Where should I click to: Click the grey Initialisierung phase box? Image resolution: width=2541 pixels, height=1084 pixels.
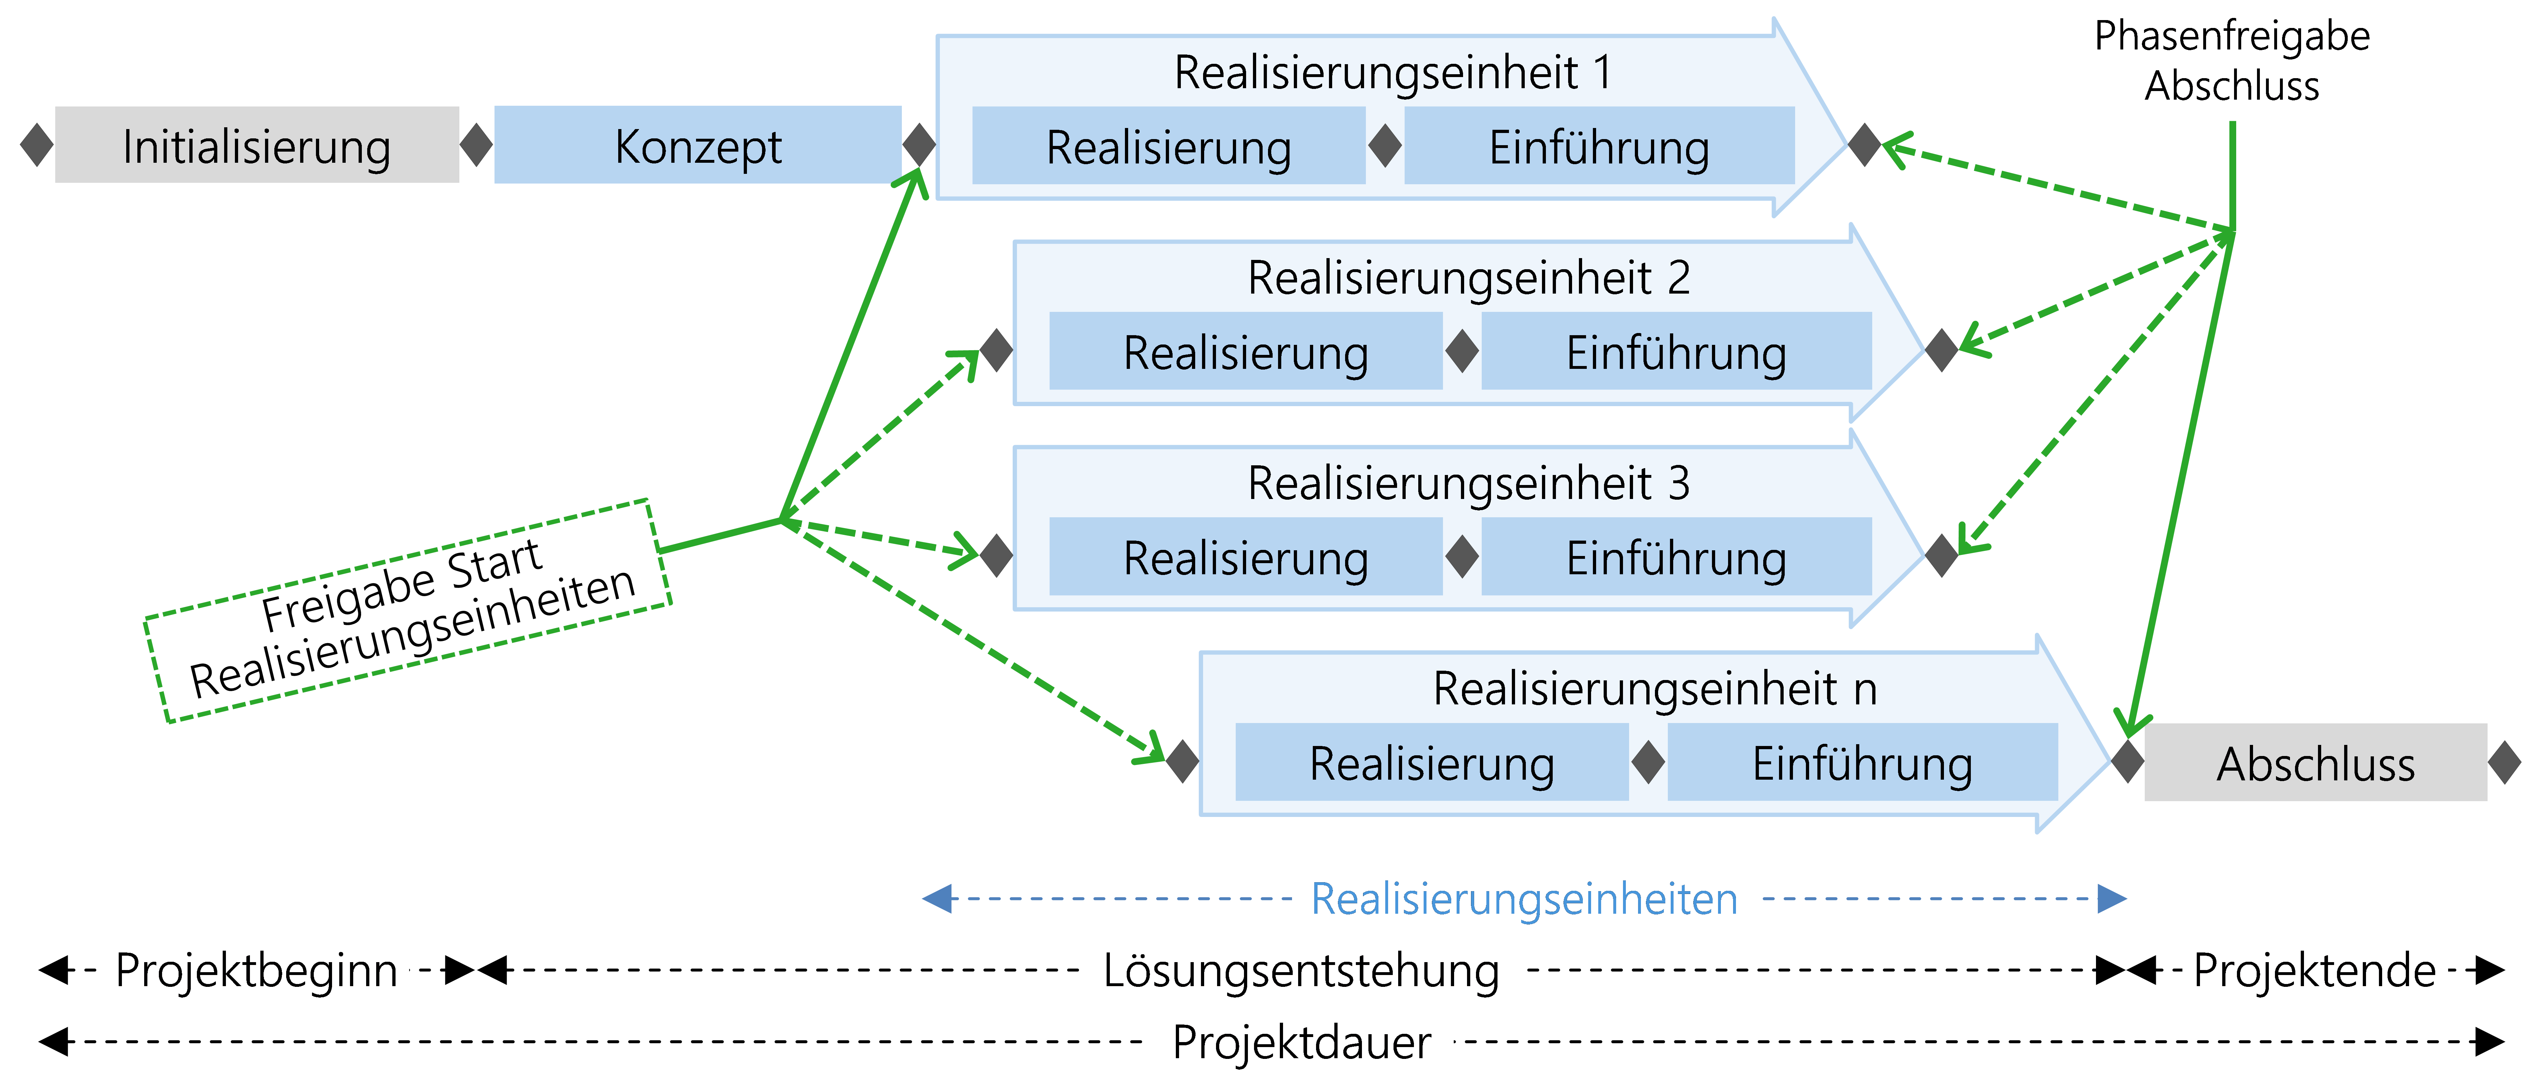pos(256,145)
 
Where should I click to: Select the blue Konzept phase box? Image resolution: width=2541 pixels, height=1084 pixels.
pos(697,145)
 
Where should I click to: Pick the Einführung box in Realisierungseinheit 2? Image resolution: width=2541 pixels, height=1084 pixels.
pos(1676,351)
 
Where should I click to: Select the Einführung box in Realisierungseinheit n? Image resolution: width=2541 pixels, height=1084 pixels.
pos(1861,762)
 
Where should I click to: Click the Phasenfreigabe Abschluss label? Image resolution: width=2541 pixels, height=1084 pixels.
pos(2231,61)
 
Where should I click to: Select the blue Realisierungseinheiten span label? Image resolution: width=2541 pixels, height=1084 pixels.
pos(1524,899)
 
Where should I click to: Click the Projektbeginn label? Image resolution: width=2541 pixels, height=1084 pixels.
pos(256,970)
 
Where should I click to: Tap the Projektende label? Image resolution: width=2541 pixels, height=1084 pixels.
pos(2314,970)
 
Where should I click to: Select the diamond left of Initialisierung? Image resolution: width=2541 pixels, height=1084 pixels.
pos(37,145)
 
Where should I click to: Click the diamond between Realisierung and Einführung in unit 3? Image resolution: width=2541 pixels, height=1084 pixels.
pos(1462,556)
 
